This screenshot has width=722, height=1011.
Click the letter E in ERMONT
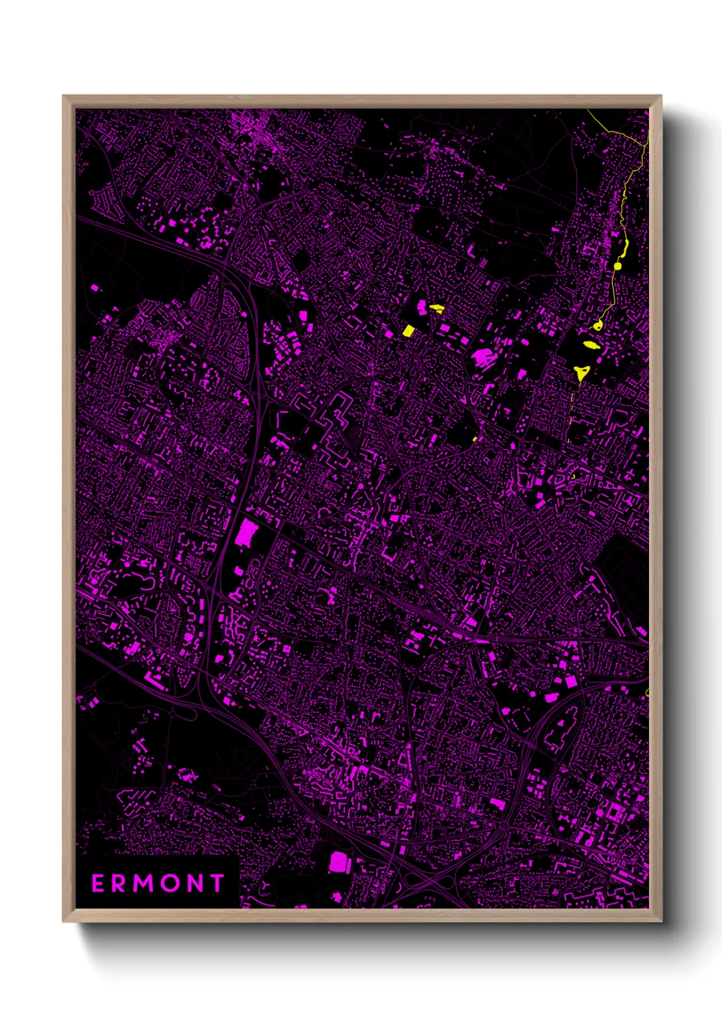[x=98, y=883]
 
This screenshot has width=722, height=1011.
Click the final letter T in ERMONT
[x=218, y=883]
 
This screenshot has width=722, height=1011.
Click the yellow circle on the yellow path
[x=618, y=266]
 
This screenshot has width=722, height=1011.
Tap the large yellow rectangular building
[x=408, y=331]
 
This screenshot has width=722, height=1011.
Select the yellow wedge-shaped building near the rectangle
[x=435, y=308]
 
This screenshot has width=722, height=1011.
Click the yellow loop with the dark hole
[x=598, y=326]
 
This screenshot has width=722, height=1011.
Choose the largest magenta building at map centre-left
[x=244, y=533]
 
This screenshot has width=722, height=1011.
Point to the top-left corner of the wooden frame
[x=63, y=96]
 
